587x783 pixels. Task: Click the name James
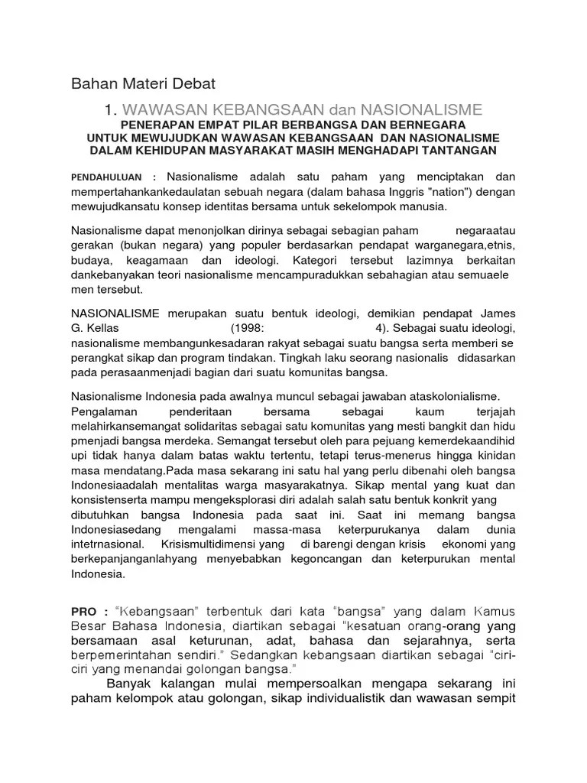498,314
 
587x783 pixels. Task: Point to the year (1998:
254,328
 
